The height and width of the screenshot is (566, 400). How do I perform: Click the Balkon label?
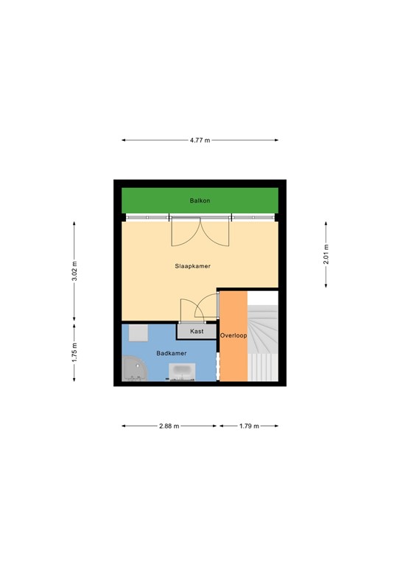[x=200, y=200]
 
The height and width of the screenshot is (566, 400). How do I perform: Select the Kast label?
[x=197, y=332]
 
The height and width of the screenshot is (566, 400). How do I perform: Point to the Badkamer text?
[x=171, y=354]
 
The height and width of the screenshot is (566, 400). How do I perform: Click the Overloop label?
[x=234, y=336]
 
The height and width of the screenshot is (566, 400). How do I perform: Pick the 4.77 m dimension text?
[x=200, y=140]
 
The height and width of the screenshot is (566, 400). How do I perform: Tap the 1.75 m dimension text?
[x=74, y=352]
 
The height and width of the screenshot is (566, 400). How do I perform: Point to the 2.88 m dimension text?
[x=169, y=426]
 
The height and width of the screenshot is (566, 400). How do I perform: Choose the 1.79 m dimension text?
[x=248, y=426]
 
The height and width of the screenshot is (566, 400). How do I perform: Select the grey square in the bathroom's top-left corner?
[x=138, y=333]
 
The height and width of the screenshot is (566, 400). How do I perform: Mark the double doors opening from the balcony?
[x=200, y=233]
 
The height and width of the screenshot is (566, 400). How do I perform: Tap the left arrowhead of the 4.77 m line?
[x=124, y=140]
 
